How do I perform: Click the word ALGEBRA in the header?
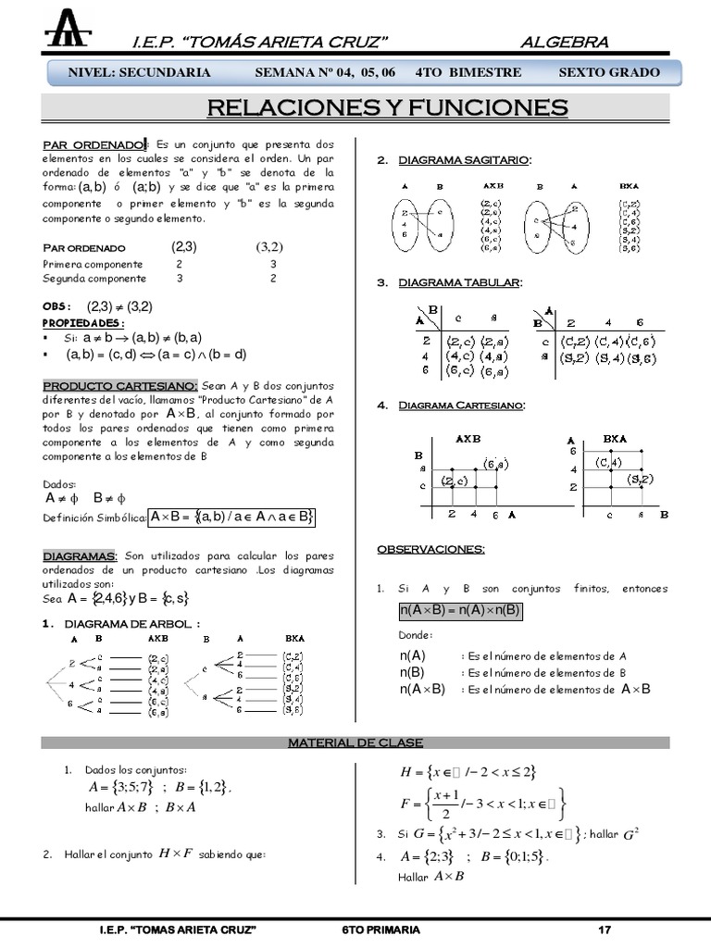point(564,42)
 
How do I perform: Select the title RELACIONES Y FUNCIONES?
point(387,107)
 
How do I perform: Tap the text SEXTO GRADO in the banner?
point(609,72)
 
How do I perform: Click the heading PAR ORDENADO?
point(94,145)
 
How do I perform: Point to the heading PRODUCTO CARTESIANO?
point(120,385)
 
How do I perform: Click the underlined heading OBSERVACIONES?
point(430,549)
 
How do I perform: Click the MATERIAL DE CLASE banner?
point(355,742)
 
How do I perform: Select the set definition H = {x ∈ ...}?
point(468,772)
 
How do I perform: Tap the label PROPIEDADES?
point(83,322)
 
